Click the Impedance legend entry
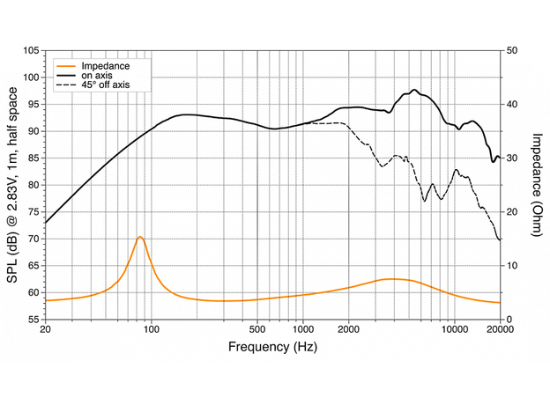[105, 66]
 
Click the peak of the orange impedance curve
[139, 237]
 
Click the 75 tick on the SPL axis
[32, 212]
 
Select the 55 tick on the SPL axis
[32, 320]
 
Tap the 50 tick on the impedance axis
[512, 51]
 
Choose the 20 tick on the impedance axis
[512, 212]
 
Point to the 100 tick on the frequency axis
[152, 330]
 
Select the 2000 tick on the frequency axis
[349, 330]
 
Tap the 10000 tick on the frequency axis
[455, 330]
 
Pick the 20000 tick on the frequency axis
[501, 330]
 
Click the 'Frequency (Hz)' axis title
[271, 346]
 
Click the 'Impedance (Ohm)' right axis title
[536, 184]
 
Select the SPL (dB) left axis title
[11, 185]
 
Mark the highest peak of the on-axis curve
[414, 90]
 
